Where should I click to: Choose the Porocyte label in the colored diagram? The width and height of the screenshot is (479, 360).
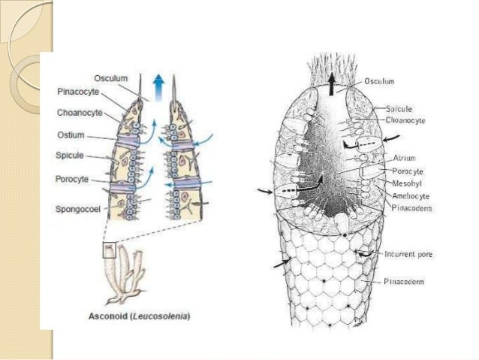point(73,179)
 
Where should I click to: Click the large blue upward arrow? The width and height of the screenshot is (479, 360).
point(156,83)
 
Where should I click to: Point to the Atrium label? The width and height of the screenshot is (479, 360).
point(404,159)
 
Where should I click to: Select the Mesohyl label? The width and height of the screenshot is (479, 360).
point(406,183)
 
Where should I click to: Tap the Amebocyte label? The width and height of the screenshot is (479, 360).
point(410,195)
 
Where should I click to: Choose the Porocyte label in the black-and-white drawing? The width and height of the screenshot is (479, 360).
point(407,171)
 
